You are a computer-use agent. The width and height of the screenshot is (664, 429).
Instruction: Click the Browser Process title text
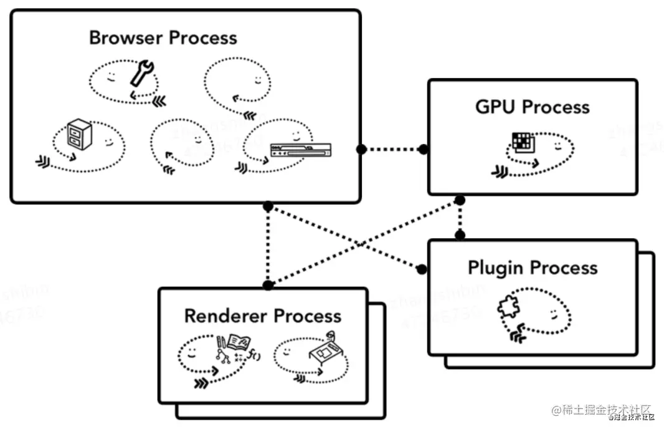(x=163, y=37)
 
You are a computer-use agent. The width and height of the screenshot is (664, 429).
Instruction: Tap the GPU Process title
(x=532, y=107)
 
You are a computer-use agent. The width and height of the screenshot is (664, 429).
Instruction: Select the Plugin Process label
(x=533, y=268)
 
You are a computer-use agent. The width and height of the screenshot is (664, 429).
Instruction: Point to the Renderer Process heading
(x=263, y=316)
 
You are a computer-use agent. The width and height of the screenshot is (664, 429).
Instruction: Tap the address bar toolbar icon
(x=301, y=150)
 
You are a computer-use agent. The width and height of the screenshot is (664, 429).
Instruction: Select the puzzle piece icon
(x=508, y=307)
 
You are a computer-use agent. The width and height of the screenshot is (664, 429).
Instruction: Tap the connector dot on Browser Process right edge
(x=361, y=149)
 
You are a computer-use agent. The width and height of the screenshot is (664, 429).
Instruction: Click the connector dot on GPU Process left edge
(x=423, y=149)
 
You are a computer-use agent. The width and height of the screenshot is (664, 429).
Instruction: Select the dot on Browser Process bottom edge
(x=268, y=205)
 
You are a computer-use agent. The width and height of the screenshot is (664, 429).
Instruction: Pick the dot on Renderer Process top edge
(x=268, y=286)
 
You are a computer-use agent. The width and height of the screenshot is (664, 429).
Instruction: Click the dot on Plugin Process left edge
(x=422, y=269)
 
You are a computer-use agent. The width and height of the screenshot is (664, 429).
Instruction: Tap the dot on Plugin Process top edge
(x=460, y=235)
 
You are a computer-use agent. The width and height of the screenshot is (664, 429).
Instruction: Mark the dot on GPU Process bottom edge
(x=460, y=200)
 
